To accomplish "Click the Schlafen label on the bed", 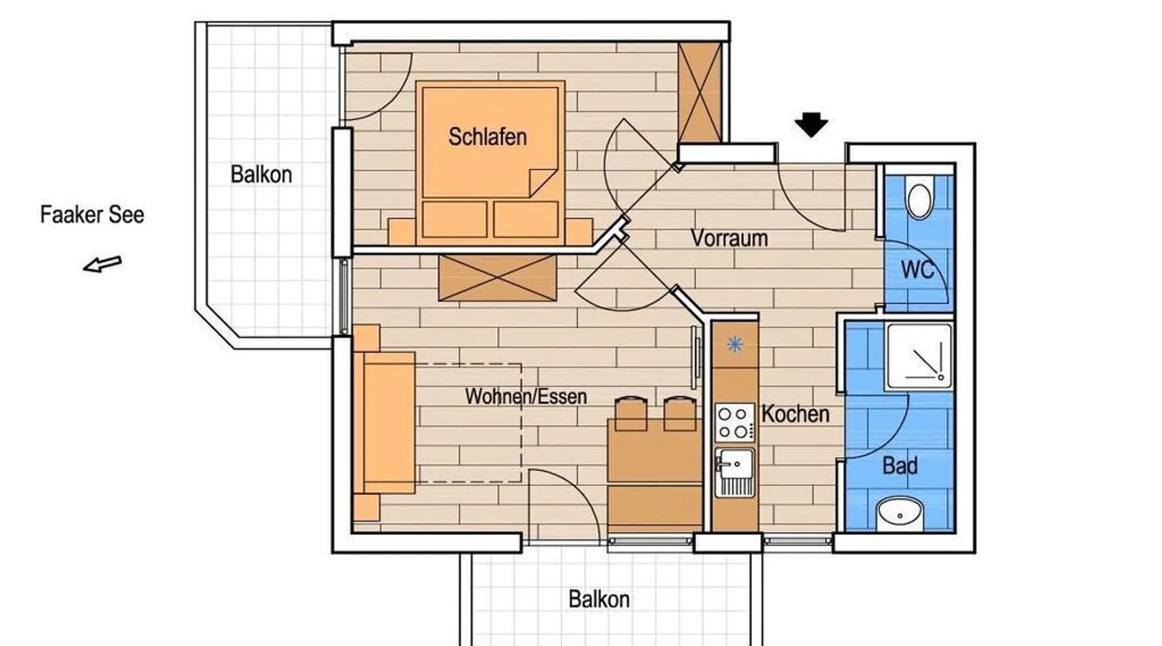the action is tap(487, 137).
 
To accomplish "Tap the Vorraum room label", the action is tap(729, 238).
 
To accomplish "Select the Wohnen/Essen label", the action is tap(526, 396).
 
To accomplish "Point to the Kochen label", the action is tap(795, 413).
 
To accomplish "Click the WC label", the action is tap(917, 269).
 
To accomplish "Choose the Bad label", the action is tap(900, 465).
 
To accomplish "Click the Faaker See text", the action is tap(92, 214).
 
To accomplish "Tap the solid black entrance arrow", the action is tap(811, 125).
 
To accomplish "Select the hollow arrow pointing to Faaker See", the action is tap(102, 264).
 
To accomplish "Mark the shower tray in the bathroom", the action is tap(919, 357).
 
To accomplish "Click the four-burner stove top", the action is tap(735, 422).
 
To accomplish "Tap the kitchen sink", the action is tap(735, 472).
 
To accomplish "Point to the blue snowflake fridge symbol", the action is tap(735, 344).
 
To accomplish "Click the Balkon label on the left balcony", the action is tap(261, 174).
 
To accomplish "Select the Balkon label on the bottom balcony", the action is tap(599, 599).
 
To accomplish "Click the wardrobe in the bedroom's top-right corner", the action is tap(700, 92).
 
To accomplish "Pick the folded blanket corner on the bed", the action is tap(543, 183).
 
